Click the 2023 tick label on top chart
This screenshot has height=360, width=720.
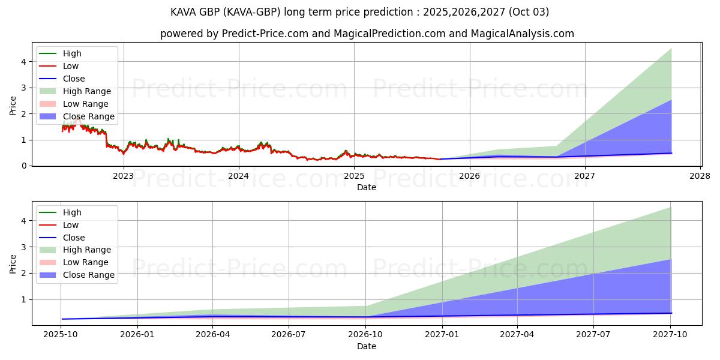[x=124, y=176]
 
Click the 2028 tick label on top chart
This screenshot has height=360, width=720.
[x=700, y=176]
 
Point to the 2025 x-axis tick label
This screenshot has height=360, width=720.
[x=354, y=176]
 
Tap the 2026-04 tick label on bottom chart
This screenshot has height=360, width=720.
[x=213, y=335]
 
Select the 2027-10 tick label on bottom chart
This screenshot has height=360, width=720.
[x=670, y=335]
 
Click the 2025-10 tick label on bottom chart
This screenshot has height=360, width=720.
[x=61, y=335]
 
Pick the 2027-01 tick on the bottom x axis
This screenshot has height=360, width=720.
[x=442, y=335]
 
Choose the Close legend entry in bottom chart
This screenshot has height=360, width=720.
[x=74, y=238]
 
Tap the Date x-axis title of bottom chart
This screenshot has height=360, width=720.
[x=367, y=346]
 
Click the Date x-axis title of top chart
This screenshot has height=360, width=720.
[x=367, y=187]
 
